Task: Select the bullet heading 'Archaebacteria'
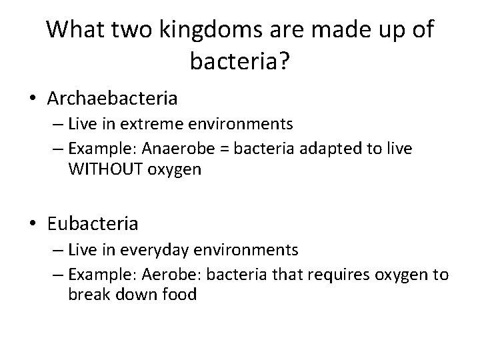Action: (113, 99)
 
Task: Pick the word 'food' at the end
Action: (179, 295)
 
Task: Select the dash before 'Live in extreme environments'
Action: (54, 124)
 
